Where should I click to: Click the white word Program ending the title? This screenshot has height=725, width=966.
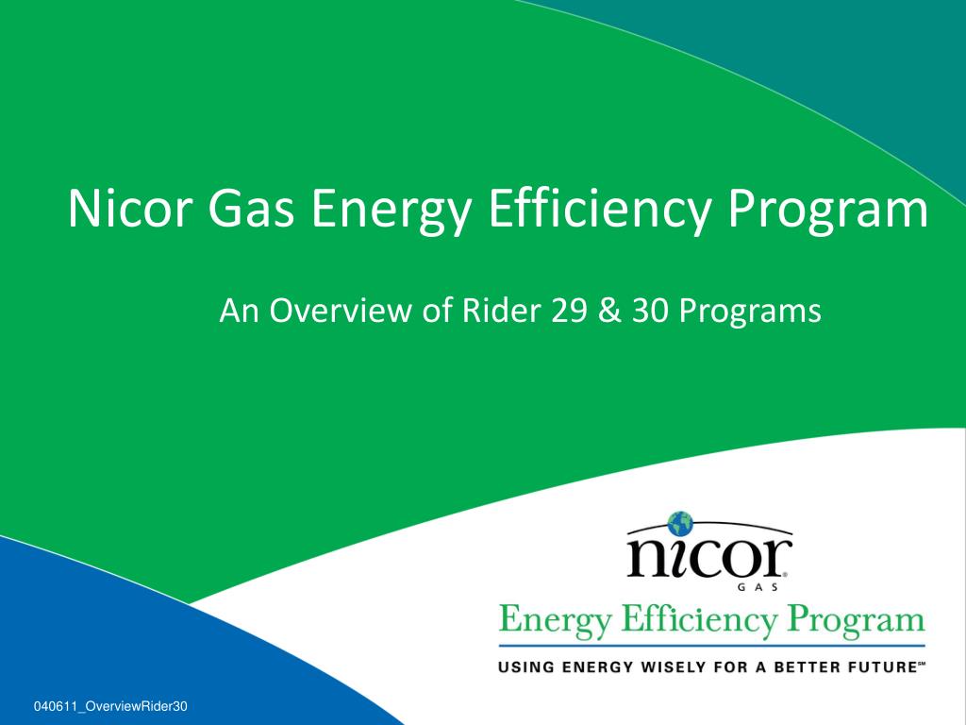(x=827, y=211)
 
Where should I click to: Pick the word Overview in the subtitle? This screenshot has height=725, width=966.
(x=341, y=310)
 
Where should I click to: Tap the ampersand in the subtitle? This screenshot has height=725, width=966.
(x=608, y=311)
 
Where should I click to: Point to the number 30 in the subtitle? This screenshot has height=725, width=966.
(x=650, y=311)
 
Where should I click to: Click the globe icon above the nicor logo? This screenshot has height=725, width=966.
(x=680, y=523)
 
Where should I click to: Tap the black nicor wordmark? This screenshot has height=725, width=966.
(x=708, y=557)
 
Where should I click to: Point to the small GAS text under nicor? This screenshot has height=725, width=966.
(x=758, y=587)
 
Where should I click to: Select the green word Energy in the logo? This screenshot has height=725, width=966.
(x=555, y=621)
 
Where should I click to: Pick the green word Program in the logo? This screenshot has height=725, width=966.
(x=857, y=621)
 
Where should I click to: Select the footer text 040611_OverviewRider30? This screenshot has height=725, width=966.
(x=110, y=706)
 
